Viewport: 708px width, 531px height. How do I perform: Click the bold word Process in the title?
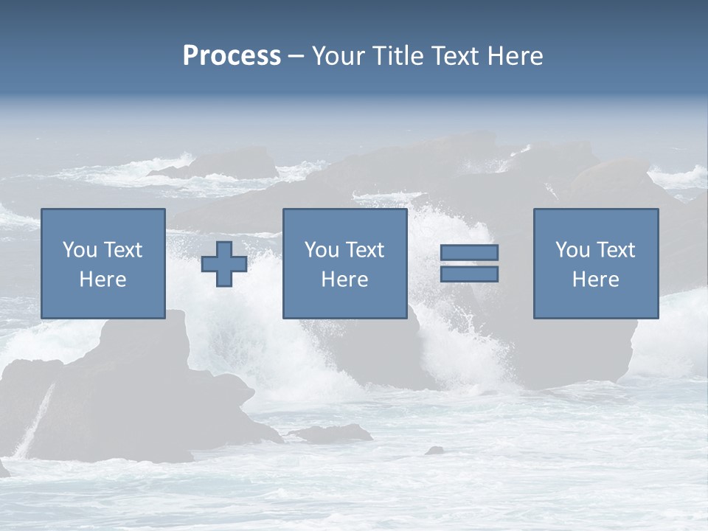[x=232, y=56]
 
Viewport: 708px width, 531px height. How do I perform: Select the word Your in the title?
[x=339, y=56]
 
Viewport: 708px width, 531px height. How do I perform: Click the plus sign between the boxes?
[x=224, y=263]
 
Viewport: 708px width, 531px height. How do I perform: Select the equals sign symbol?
[x=469, y=263]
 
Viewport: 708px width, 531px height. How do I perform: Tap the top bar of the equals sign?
[x=469, y=252]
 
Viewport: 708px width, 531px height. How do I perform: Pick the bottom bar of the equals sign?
[x=469, y=274]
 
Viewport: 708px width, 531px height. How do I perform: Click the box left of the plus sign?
[x=103, y=263]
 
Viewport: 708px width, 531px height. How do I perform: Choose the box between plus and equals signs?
[x=344, y=263]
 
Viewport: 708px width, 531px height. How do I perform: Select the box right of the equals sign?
[x=596, y=263]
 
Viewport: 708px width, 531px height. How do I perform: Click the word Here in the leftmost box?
[x=103, y=280]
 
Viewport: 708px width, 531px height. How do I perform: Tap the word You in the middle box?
[x=321, y=250]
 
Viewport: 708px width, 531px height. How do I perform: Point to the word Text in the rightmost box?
[x=615, y=250]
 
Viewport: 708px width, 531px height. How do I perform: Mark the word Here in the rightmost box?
[x=596, y=280]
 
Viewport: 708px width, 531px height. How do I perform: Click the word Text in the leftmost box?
[x=122, y=250]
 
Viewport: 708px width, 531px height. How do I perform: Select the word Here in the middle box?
[x=344, y=280]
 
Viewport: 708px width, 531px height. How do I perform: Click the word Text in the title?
[x=454, y=56]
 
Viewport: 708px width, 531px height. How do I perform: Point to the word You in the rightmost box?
[x=572, y=250]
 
